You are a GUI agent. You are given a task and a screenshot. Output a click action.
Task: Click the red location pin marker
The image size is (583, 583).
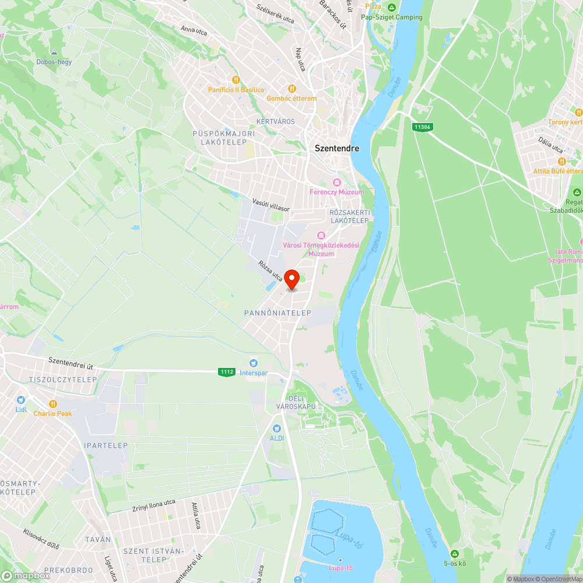click(x=293, y=279)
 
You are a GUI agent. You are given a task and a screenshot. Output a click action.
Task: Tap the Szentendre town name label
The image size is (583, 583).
click(x=337, y=148)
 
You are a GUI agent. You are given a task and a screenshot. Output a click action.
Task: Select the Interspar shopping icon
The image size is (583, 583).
click(x=254, y=363)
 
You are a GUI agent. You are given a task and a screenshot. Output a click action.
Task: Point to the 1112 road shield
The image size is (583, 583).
click(x=227, y=371)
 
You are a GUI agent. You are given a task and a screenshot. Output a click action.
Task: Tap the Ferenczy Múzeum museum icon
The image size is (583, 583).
click(x=336, y=182)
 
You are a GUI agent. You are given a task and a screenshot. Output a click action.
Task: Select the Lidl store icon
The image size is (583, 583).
click(x=21, y=400)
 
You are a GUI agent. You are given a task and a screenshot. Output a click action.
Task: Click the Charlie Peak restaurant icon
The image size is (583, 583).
click(x=52, y=403)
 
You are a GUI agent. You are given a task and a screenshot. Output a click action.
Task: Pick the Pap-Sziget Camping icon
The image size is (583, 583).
click(x=391, y=8)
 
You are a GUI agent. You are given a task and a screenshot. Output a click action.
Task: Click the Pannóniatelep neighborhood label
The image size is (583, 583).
click(x=278, y=313)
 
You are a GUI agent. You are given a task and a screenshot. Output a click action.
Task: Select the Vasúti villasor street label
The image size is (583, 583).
click(x=271, y=204)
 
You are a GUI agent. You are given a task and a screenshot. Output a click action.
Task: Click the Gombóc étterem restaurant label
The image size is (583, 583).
click(x=291, y=99)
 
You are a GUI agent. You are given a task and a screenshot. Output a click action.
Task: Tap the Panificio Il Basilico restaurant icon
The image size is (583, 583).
click(x=236, y=80)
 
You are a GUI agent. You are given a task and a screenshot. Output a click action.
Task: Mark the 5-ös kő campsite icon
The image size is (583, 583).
click(x=454, y=553)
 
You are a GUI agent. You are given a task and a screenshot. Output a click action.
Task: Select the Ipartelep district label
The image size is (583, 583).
click(x=106, y=445)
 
